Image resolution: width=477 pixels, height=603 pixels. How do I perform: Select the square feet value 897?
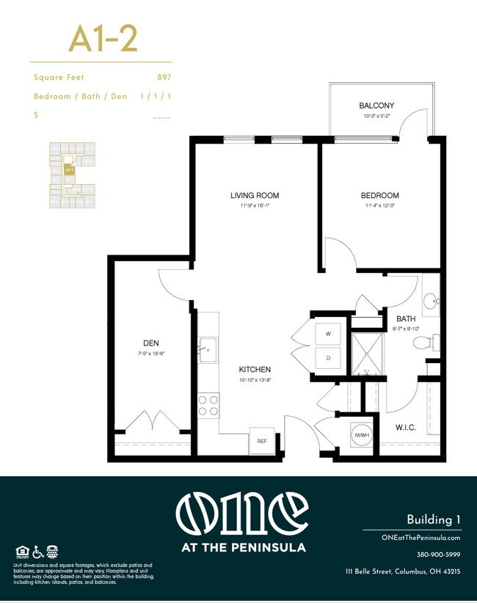tap(164, 77)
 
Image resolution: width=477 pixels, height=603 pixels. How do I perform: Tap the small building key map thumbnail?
tap(70, 175)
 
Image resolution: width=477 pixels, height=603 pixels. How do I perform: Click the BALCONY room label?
tap(376, 106)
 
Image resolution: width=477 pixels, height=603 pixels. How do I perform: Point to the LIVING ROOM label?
tap(255, 196)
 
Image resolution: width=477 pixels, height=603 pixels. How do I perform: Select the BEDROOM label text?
tap(379, 196)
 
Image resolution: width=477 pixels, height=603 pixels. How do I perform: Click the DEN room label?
tap(152, 343)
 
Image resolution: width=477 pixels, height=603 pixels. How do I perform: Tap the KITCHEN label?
tap(255, 370)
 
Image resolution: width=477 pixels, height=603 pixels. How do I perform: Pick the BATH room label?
tap(406, 319)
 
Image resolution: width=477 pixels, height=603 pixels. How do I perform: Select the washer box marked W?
tap(327, 334)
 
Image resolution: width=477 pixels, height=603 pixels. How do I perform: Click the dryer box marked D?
tap(327, 359)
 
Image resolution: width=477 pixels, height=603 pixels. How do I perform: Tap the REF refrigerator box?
tap(262, 440)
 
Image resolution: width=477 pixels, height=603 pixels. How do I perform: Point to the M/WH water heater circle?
tap(361, 434)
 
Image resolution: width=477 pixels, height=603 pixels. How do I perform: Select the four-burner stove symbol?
tap(208, 406)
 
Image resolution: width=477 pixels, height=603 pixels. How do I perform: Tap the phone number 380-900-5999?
tap(438, 555)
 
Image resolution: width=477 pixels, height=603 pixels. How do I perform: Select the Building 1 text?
tap(434, 520)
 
